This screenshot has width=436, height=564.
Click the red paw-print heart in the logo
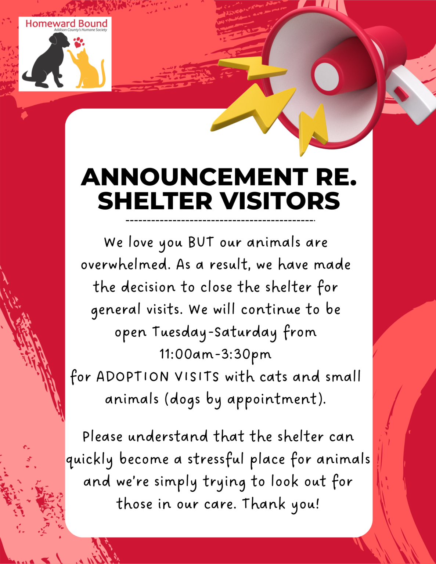(x=78, y=43)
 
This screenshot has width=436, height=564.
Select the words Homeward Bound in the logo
(x=66, y=23)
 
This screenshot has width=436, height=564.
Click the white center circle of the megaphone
(x=327, y=76)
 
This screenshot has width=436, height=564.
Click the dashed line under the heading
(x=220, y=221)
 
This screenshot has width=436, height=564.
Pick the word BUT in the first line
(x=201, y=242)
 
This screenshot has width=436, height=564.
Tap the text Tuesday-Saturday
(x=215, y=332)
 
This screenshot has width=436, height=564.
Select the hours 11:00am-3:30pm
(x=216, y=354)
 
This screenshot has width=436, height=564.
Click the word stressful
(x=216, y=459)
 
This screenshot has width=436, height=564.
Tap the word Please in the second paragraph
(x=102, y=437)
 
